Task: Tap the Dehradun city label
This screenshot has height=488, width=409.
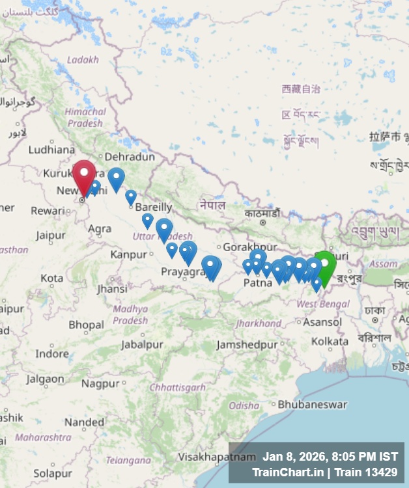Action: coord(130,157)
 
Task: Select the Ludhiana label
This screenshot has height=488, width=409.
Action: coord(52,149)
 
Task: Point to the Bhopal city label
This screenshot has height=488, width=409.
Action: coord(86,325)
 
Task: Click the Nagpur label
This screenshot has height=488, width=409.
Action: coord(101,383)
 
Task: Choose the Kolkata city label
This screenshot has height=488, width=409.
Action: coord(330,341)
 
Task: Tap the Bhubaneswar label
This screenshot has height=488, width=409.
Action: coord(313,404)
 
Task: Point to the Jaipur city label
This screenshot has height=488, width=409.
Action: coord(51,235)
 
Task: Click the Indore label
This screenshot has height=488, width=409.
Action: coord(52,353)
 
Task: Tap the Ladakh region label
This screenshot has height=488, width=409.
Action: coord(83,59)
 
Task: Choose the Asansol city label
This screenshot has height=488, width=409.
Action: coord(322,322)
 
